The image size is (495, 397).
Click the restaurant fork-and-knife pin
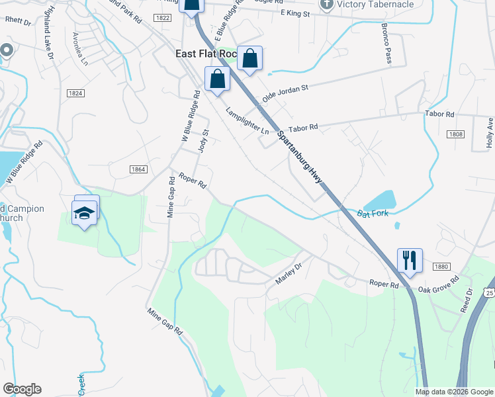pyautogui.click(x=410, y=260)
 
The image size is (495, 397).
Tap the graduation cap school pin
pyautogui.click(x=84, y=212)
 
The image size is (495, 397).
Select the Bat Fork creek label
pyautogui.click(x=371, y=214)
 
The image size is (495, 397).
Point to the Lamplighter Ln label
pyautogui.click(x=247, y=121)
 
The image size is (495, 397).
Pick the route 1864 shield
pyautogui.click(x=138, y=170)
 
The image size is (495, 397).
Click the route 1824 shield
pyautogui.click(x=75, y=94)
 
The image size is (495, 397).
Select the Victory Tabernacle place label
pyautogui.click(x=375, y=4)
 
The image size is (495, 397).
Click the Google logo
pyautogui.click(x=22, y=389)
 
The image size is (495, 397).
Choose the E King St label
pyautogui.click(x=295, y=13)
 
